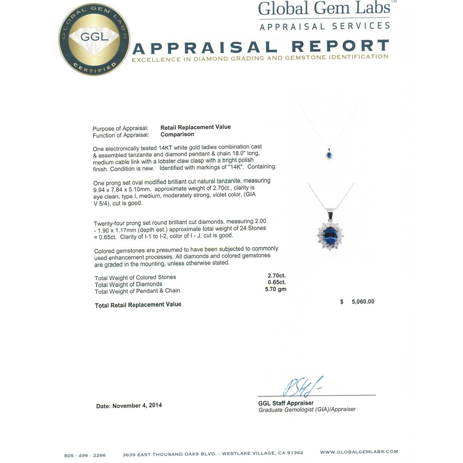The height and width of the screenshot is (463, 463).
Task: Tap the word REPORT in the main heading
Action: point(340,46)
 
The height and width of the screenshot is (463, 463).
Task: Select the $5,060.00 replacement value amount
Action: point(362,302)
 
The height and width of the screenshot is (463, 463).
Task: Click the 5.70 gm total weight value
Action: point(275,289)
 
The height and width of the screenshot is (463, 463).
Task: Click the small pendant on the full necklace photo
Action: point(329,155)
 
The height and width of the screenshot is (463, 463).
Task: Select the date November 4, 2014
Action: point(137,406)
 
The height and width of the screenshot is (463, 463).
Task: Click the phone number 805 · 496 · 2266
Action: point(85,455)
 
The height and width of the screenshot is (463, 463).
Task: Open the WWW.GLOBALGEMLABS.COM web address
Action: point(359,452)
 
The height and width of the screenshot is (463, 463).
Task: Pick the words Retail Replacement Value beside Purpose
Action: point(196,127)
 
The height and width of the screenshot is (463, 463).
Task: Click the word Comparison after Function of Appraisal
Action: point(177,134)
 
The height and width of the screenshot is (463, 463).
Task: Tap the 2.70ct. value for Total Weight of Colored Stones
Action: point(277,275)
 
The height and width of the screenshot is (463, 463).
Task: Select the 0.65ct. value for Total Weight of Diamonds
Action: point(277,282)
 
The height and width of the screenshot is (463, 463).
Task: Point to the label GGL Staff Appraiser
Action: point(286,403)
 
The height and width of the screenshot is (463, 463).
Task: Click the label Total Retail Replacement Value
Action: point(138,305)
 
